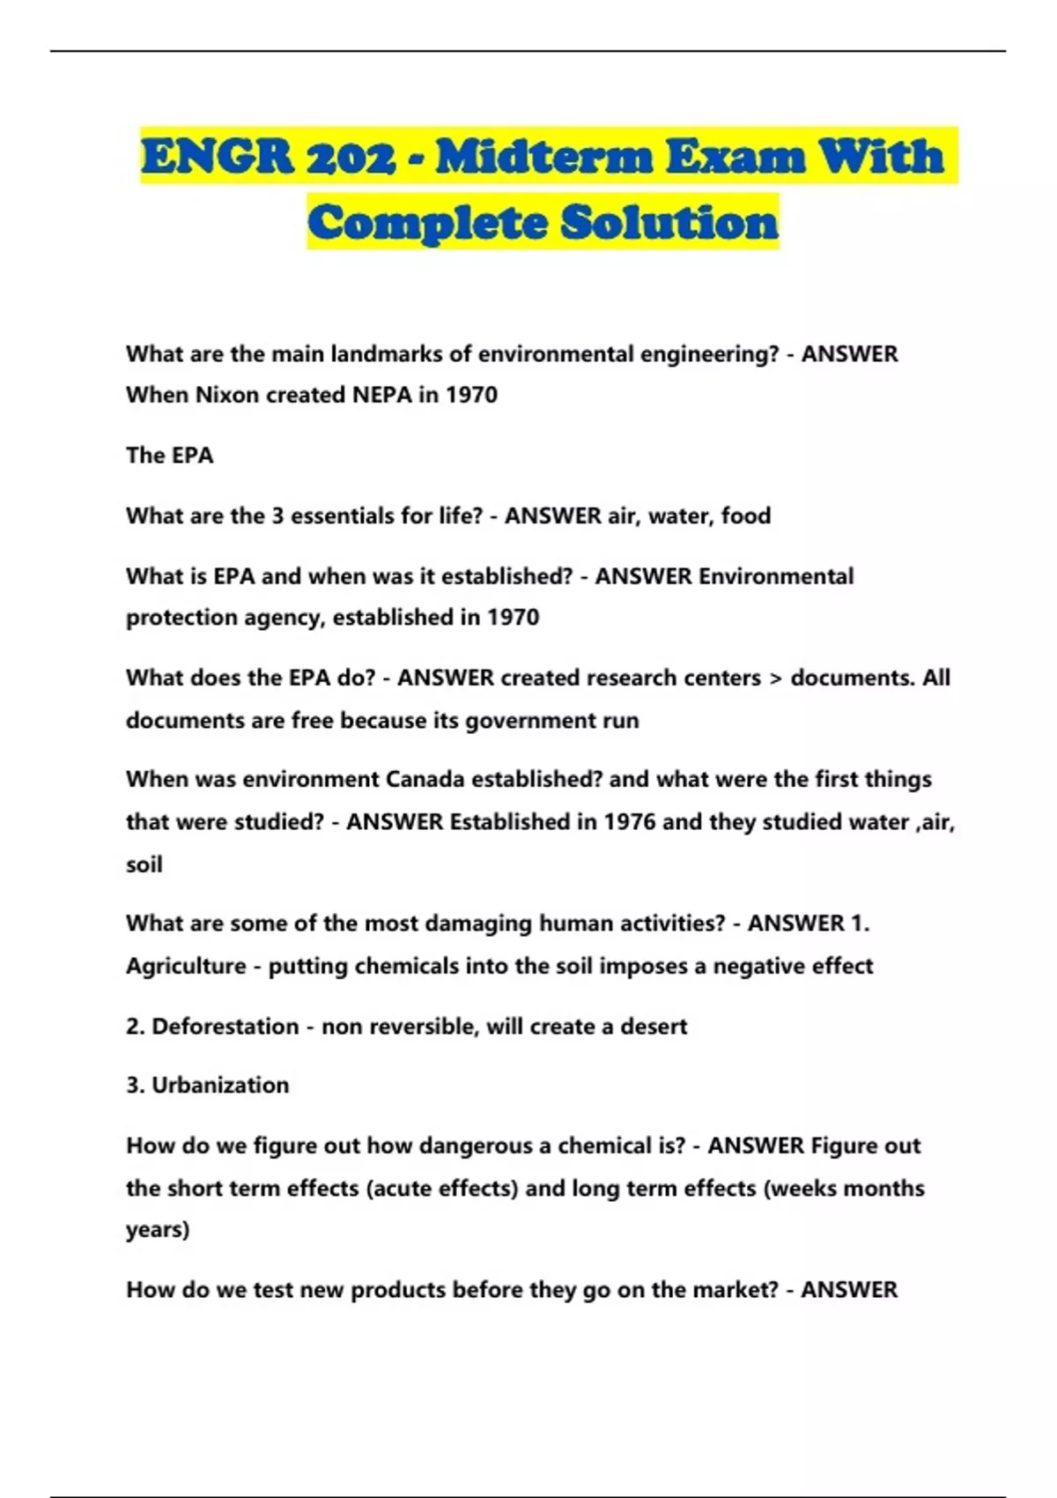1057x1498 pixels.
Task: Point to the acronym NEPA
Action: tap(382, 395)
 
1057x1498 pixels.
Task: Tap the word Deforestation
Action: tap(225, 1027)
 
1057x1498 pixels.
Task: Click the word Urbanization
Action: tap(220, 1085)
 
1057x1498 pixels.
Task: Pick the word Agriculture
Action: tap(186, 967)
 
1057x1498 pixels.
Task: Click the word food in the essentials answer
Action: tap(745, 515)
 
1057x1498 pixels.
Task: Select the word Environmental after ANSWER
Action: tap(776, 576)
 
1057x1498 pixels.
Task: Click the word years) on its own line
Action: tap(158, 1230)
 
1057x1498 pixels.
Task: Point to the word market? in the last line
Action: tap(735, 1290)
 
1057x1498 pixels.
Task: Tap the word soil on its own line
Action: tap(144, 864)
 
